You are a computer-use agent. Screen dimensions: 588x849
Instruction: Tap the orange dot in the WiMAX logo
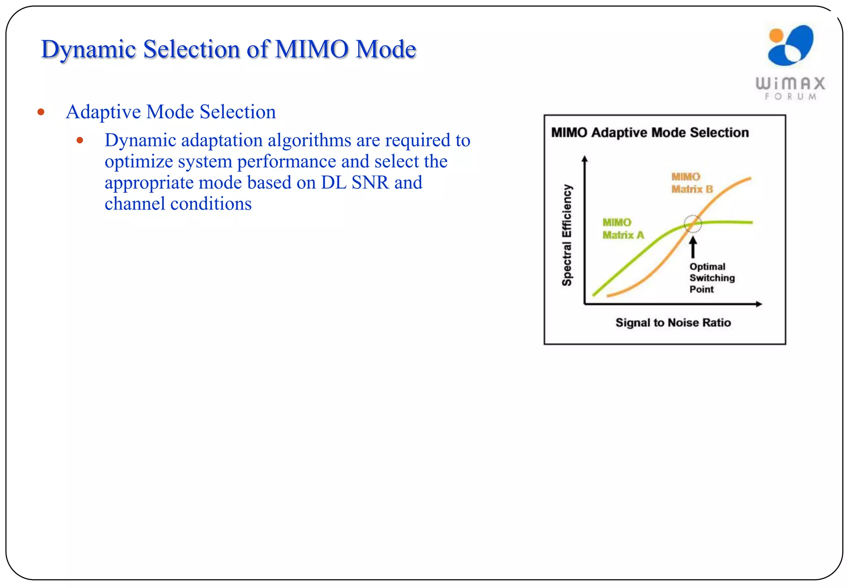[776, 36]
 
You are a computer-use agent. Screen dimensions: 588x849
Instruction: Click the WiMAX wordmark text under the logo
[790, 83]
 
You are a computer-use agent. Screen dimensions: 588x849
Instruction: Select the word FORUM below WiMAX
[791, 97]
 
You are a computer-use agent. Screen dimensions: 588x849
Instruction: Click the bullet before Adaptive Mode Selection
[41, 112]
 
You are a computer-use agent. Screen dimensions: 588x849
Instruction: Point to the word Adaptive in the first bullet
[103, 112]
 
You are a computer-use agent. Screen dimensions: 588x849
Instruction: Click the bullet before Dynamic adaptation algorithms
[80, 141]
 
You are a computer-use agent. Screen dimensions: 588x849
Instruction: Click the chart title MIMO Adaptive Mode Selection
[650, 133]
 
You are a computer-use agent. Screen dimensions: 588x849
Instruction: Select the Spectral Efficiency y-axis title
[567, 235]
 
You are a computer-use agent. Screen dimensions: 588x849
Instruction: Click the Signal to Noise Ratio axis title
[673, 323]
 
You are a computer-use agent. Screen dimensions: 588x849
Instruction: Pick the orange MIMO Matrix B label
[691, 183]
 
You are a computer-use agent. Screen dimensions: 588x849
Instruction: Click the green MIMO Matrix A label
[623, 229]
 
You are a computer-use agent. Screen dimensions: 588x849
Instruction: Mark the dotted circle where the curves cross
[692, 224]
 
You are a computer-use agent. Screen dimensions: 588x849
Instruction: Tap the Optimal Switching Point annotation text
[711, 278]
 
